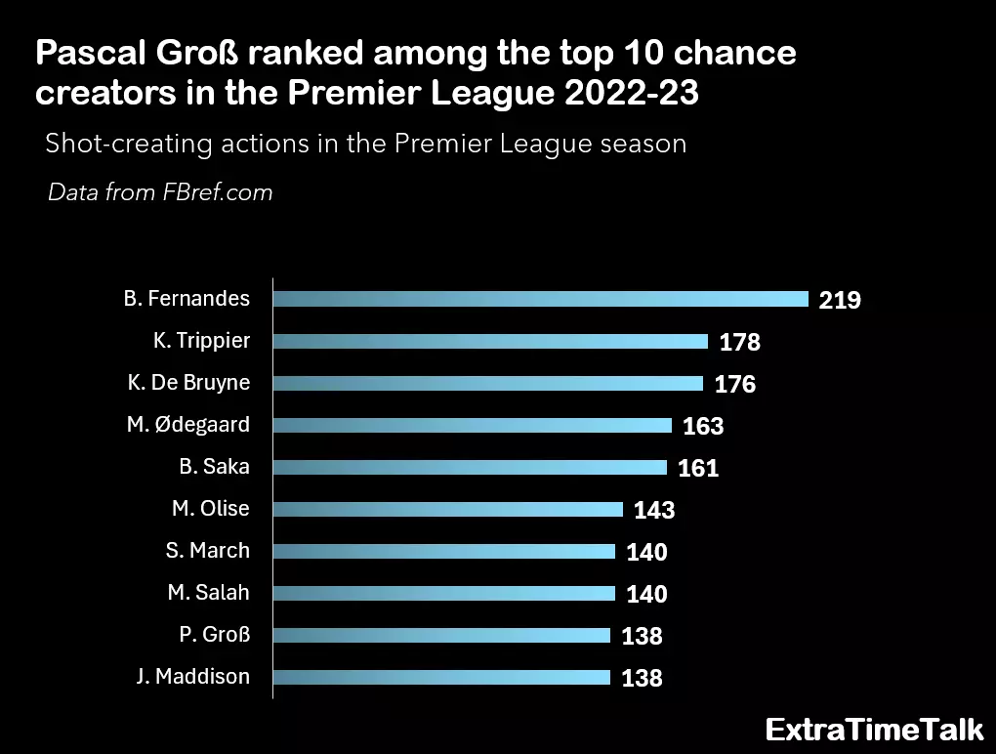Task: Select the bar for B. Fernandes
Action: click(540, 299)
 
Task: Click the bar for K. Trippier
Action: click(490, 341)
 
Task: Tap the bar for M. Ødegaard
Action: click(472, 425)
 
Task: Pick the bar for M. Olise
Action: click(447, 509)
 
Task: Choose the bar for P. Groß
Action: click(441, 635)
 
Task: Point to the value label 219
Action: click(840, 300)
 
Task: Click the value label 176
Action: click(734, 384)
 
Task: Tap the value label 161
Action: click(697, 468)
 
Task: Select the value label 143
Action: click(653, 510)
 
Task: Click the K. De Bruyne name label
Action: click(188, 383)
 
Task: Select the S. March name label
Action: click(207, 551)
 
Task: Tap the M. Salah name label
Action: click(208, 593)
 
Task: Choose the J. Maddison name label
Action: click(193, 676)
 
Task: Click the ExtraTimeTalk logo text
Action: click(874, 730)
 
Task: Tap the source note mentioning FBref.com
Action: click(160, 192)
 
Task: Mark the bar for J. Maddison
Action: click(441, 677)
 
